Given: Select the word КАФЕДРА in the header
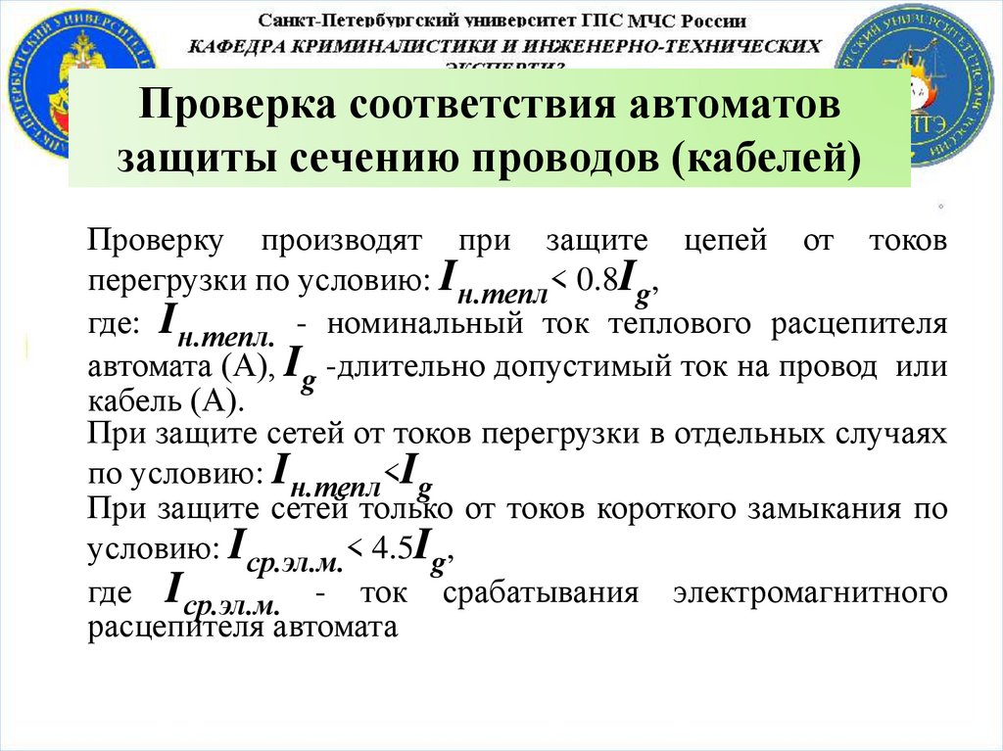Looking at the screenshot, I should (239, 45).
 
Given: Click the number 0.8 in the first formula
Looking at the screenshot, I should (597, 280).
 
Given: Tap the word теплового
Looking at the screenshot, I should (674, 326).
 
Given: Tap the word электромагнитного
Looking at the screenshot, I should (810, 593).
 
